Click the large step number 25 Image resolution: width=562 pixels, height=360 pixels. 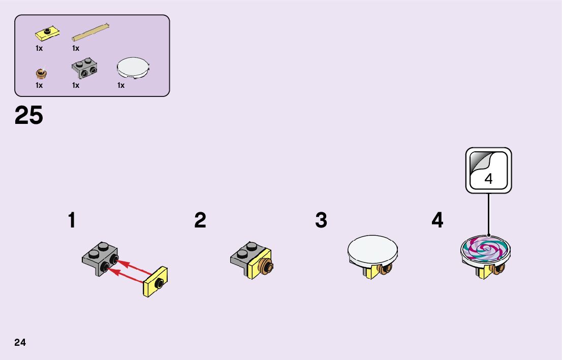click(29, 116)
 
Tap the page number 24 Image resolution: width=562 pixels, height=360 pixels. click(20, 342)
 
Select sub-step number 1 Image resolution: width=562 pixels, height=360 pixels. click(72, 221)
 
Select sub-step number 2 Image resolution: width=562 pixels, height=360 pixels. click(200, 221)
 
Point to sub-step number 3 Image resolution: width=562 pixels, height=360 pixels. click(321, 221)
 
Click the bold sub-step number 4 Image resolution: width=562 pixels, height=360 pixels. click(437, 221)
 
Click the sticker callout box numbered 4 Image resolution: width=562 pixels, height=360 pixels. click(488, 171)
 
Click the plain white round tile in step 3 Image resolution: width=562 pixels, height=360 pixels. click(372, 248)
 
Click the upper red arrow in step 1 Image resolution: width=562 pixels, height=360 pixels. click(137, 266)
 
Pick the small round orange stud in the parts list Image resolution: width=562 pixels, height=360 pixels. click(41, 74)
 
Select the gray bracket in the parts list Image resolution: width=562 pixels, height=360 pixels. click(85, 70)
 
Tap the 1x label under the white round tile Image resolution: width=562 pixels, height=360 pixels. click(121, 85)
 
